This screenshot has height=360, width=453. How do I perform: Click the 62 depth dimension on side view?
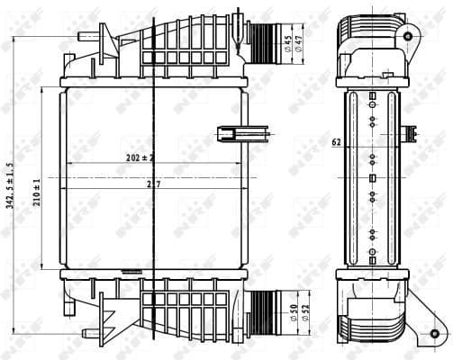[335, 141]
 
